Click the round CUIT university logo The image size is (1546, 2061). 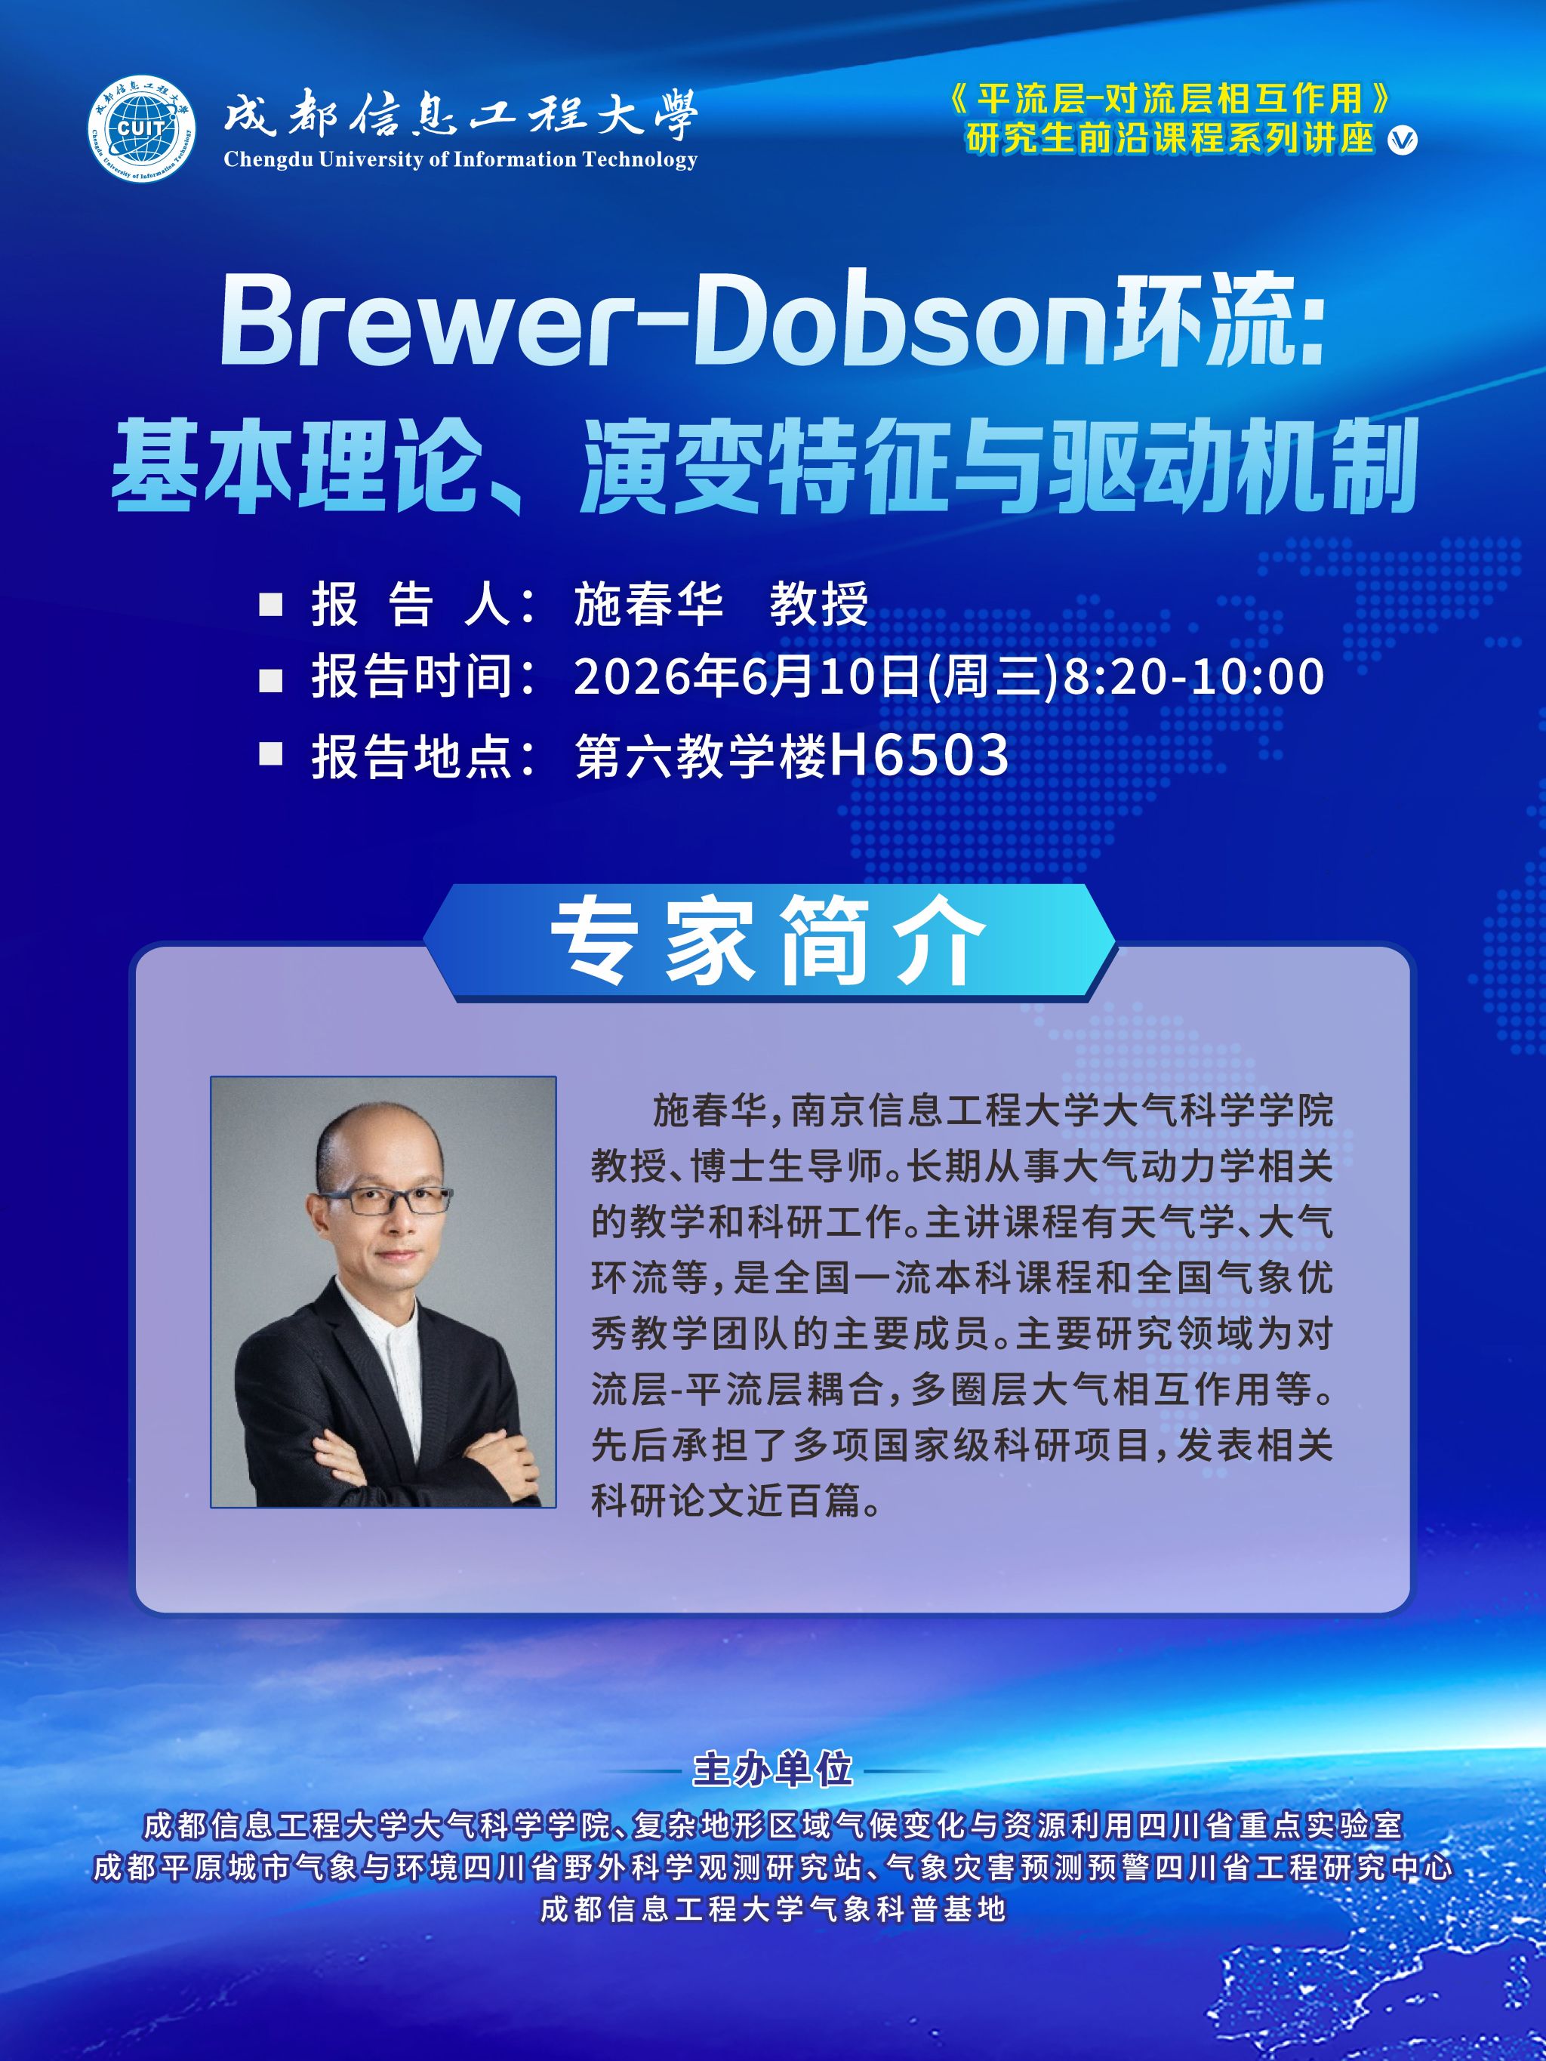[142, 128]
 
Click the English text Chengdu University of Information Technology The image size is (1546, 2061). [460, 159]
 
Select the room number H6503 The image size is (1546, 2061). [919, 756]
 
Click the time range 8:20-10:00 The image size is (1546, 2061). [1193, 676]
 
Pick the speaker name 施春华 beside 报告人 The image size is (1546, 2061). [648, 604]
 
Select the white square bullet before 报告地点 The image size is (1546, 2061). [270, 753]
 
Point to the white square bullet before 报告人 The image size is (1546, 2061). [270, 605]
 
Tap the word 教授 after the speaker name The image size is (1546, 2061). [819, 604]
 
